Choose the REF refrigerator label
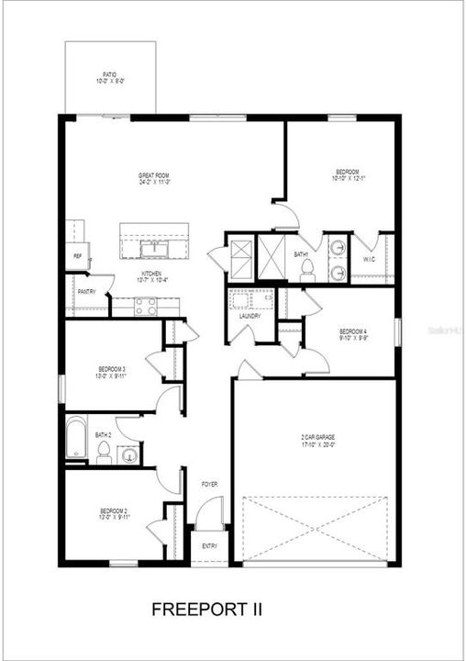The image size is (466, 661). [77, 256]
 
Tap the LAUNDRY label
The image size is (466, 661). [250, 316]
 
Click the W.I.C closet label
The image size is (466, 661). [370, 259]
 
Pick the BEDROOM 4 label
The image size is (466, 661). [353, 333]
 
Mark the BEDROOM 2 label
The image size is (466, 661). [113, 512]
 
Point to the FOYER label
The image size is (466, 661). [210, 483]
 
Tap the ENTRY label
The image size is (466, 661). [210, 546]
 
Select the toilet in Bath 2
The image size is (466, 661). [104, 452]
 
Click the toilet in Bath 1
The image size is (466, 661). [308, 267]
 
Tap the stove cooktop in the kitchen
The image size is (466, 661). [146, 307]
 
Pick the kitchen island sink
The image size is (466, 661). [152, 248]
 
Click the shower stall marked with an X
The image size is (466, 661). [240, 252]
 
